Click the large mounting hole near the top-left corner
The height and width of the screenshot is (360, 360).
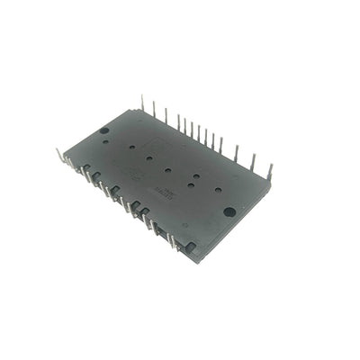[x=104, y=131]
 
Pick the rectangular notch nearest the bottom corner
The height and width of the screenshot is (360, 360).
[x=190, y=246]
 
